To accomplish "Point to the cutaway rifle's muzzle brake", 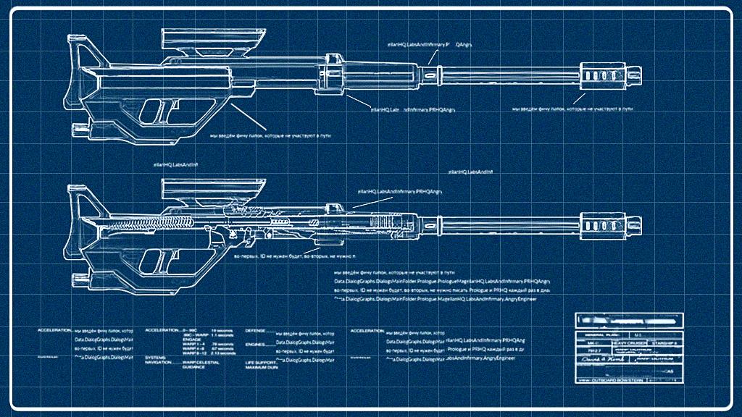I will pos(607,222).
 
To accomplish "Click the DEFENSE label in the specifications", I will pos(255,330).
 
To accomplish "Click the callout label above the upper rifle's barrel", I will pos(430,44).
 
